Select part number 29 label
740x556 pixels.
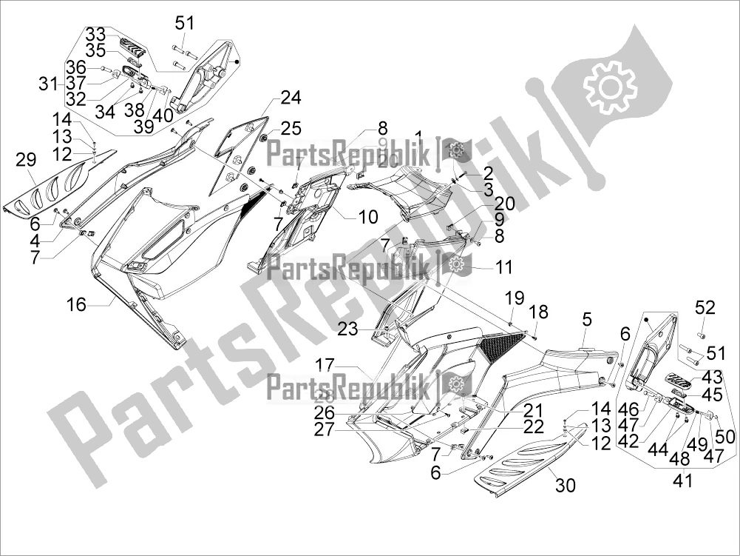26,158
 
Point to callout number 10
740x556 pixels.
367,217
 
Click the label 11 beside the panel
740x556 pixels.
503,266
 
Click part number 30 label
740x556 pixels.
565,486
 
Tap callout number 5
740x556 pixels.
586,320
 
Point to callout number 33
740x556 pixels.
95,34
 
